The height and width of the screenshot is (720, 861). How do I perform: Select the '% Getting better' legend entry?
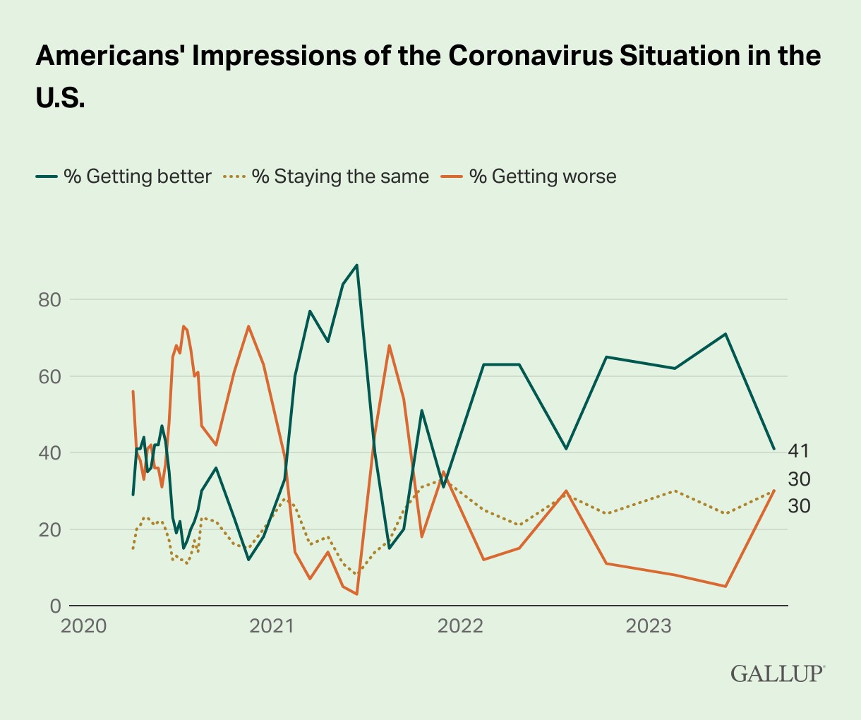(124, 176)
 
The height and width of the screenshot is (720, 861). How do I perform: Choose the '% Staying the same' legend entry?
(328, 176)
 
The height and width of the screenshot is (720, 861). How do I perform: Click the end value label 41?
(799, 451)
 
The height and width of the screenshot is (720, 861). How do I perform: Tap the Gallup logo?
(776, 673)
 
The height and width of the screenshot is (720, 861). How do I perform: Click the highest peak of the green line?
(357, 265)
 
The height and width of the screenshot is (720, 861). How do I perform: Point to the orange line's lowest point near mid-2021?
(357, 594)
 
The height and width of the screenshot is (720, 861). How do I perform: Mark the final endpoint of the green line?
(774, 449)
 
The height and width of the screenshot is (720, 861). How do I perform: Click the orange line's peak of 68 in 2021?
(389, 345)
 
